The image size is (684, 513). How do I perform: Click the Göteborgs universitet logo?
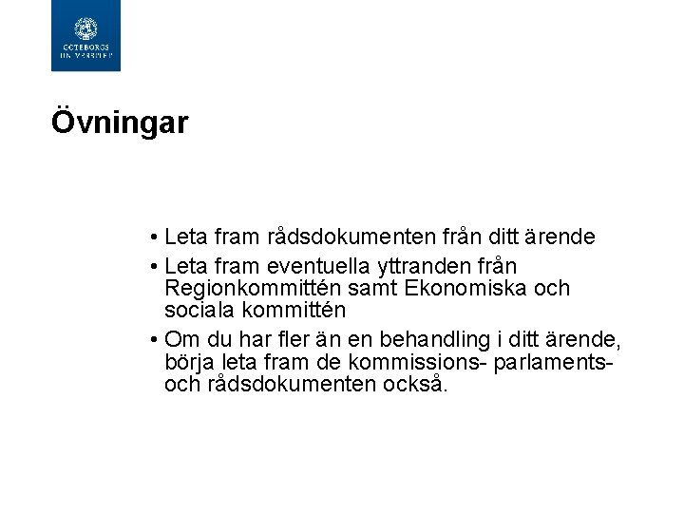(x=85, y=35)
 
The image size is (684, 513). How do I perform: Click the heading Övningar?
(x=120, y=123)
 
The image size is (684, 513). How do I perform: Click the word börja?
(x=189, y=363)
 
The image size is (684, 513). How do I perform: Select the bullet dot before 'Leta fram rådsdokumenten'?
(x=153, y=236)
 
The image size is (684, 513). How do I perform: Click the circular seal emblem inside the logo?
(x=85, y=28)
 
